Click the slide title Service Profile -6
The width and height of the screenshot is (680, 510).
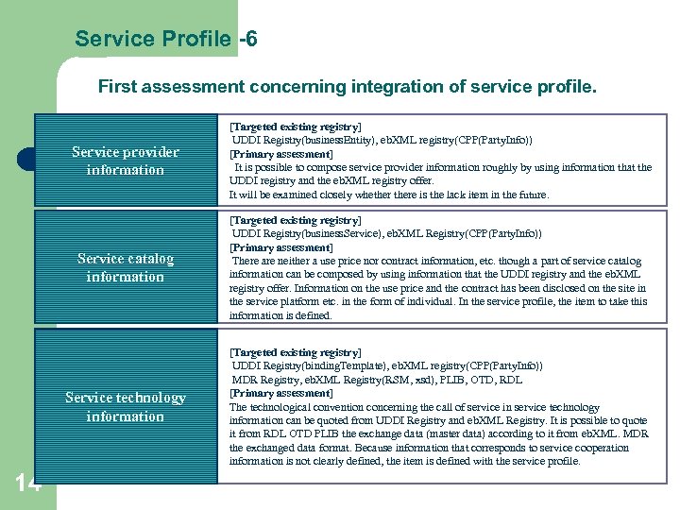click(166, 39)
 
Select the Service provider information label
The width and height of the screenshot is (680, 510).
click(126, 161)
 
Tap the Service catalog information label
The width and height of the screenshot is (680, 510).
click(126, 267)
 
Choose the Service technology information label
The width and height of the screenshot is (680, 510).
click(126, 407)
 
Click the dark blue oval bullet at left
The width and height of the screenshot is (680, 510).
click(25, 160)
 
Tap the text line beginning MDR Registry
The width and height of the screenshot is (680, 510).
click(377, 380)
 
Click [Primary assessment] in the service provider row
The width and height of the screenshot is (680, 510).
click(281, 153)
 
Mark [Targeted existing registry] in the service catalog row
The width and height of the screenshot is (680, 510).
click(296, 220)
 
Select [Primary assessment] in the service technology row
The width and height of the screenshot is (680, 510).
click(281, 393)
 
